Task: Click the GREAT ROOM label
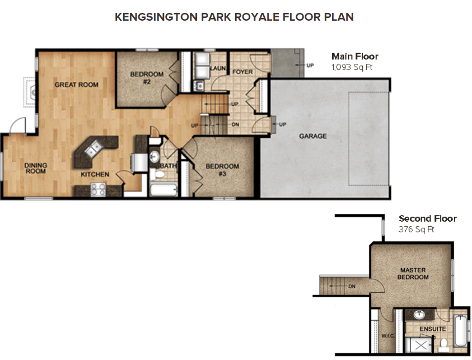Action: pyautogui.click(x=76, y=85)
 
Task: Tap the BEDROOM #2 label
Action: pyautogui.click(x=147, y=78)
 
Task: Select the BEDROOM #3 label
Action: pyautogui.click(x=222, y=170)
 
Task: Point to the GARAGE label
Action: pyautogui.click(x=312, y=136)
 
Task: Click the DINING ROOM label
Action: pyautogui.click(x=35, y=169)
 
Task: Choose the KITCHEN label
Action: pyautogui.click(x=95, y=175)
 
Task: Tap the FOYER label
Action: pyautogui.click(x=242, y=72)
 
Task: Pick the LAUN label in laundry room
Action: pyautogui.click(x=218, y=68)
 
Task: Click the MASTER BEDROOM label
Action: pyautogui.click(x=413, y=274)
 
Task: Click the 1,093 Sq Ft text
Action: pyautogui.click(x=352, y=67)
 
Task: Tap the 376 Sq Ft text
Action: pyautogui.click(x=417, y=230)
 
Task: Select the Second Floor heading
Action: pyautogui.click(x=427, y=219)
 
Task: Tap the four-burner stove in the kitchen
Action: pyautogui.click(x=99, y=190)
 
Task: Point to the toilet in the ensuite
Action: pyautogui.click(x=442, y=342)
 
